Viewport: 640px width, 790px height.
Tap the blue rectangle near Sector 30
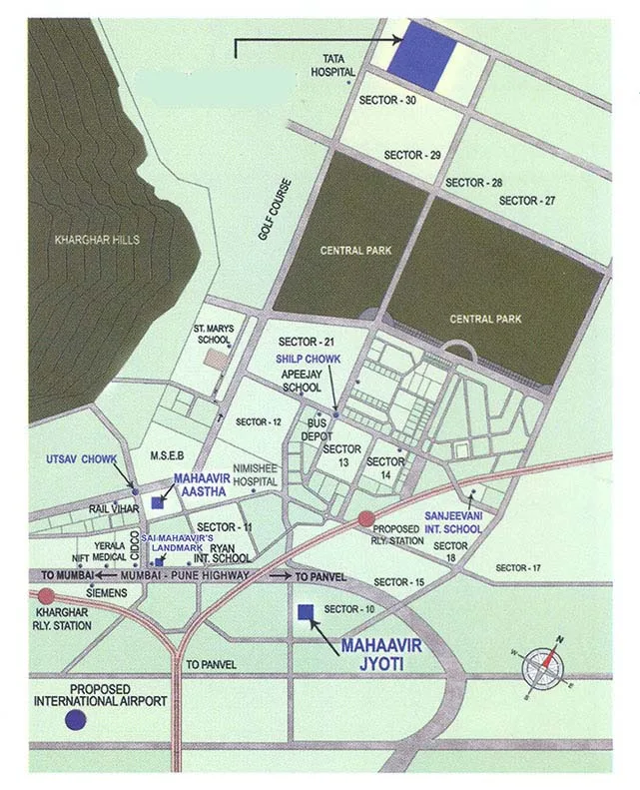point(420,50)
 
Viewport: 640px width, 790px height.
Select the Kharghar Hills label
point(99,240)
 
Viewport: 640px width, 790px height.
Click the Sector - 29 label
point(412,155)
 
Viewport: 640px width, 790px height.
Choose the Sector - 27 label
point(527,201)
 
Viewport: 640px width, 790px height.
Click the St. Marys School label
point(212,334)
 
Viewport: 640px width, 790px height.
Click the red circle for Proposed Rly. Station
point(366,517)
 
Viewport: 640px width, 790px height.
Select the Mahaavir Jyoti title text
point(382,653)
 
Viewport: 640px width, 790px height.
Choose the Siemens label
point(108,591)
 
